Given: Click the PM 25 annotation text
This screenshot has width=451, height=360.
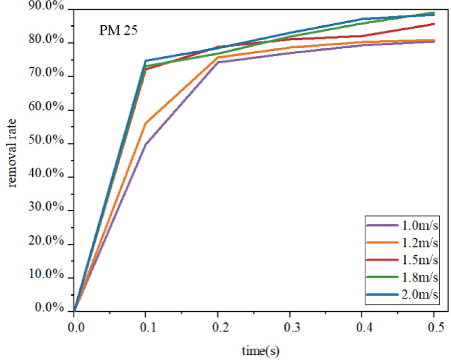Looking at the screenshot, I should tap(118, 30).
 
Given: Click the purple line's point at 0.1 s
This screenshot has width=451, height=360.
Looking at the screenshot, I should tap(146, 144).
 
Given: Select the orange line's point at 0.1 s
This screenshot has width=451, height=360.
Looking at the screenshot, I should tap(146, 123).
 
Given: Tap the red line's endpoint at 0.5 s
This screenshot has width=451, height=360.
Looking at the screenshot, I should tap(434, 24).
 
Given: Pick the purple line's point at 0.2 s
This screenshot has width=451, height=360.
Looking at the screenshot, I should tap(218, 62).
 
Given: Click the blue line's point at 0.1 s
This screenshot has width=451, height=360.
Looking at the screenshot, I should tap(146, 61).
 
